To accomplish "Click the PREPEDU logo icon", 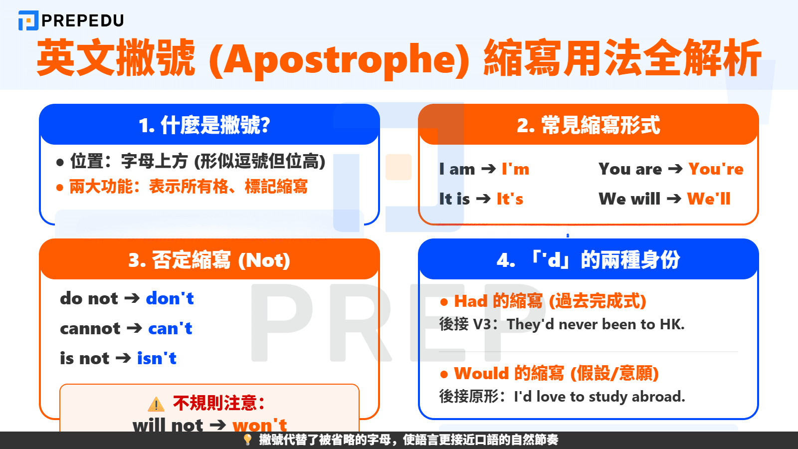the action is [28, 20].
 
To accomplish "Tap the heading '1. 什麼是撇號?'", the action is [204, 125].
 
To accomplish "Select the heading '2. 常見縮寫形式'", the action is [589, 125].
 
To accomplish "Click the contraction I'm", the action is [516, 169].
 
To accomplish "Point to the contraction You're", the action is [716, 169].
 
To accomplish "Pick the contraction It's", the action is [510, 199].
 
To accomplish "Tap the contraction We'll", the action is [709, 199].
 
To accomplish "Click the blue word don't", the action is [170, 298].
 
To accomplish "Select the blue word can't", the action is [170, 328].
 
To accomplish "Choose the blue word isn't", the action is [157, 358].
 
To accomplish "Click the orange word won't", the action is [260, 425].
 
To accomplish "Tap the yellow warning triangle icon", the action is [156, 404].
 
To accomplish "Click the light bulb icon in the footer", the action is [247, 440].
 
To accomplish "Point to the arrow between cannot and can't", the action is [134, 328].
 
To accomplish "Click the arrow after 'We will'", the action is [674, 199].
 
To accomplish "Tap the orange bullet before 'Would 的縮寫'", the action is [444, 374].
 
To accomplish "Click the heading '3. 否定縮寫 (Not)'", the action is [209, 260].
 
